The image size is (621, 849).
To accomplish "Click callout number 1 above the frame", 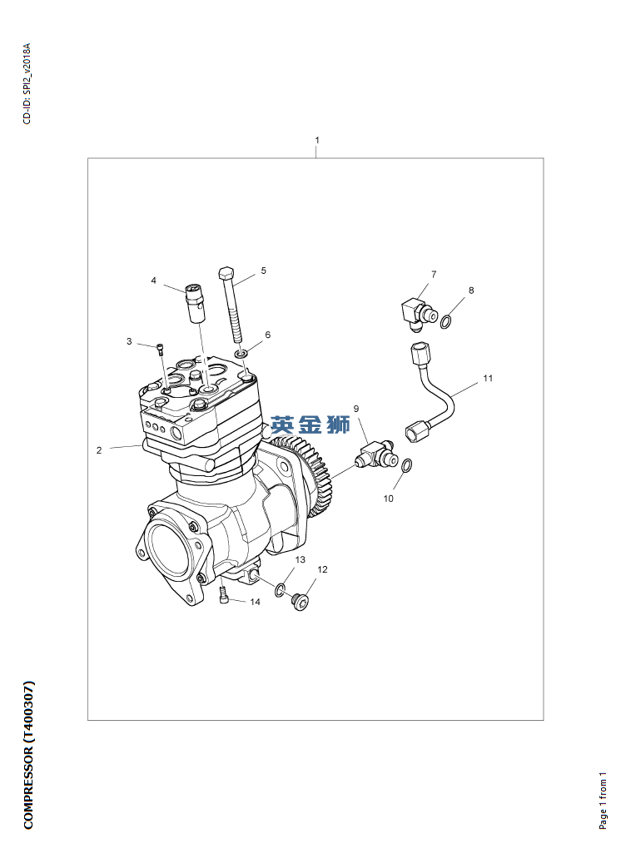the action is click(x=317, y=140).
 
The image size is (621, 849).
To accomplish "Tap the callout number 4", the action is click(x=154, y=281).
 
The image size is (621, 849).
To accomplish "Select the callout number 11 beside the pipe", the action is click(x=488, y=378).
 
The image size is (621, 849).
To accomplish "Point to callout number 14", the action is click(x=255, y=602).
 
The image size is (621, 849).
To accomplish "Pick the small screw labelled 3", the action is click(x=161, y=349).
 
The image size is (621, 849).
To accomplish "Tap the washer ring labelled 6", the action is click(x=241, y=354).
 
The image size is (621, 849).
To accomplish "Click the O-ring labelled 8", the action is click(x=445, y=323).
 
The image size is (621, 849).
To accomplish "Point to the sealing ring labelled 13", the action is click(x=280, y=589).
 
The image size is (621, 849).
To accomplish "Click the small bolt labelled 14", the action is click(x=223, y=596).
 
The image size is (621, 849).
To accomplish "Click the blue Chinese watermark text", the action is click(x=310, y=425).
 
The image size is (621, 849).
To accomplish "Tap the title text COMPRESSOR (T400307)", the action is click(x=28, y=754).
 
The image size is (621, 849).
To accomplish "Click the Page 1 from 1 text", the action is click(x=604, y=801).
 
